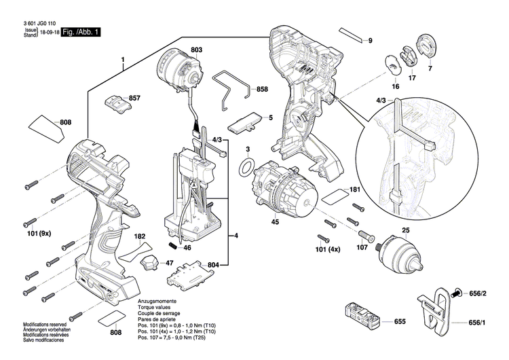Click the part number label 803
197,50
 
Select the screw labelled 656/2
455,293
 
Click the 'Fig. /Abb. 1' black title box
81,32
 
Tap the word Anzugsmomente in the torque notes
158,300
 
